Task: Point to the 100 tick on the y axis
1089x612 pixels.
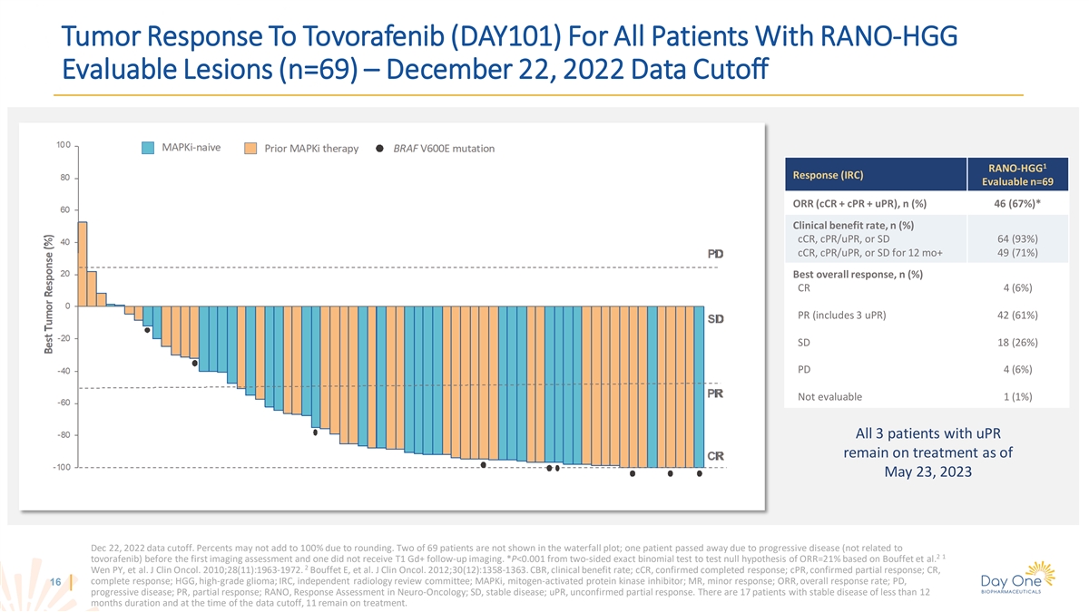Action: (x=63, y=145)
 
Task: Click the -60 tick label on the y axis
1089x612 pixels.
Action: (x=61, y=403)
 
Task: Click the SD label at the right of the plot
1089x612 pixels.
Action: (x=717, y=319)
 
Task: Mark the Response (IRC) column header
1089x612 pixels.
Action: (x=829, y=174)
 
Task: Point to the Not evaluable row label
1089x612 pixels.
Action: (x=829, y=396)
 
